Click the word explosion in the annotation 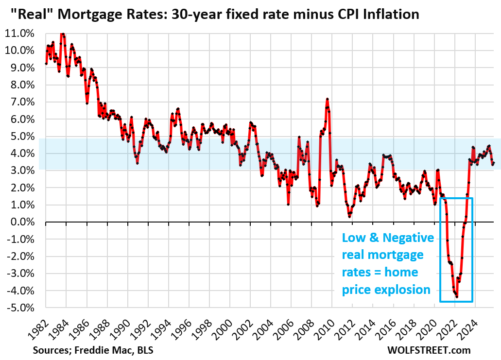403,290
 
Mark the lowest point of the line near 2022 457,296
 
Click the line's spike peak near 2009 327,99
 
